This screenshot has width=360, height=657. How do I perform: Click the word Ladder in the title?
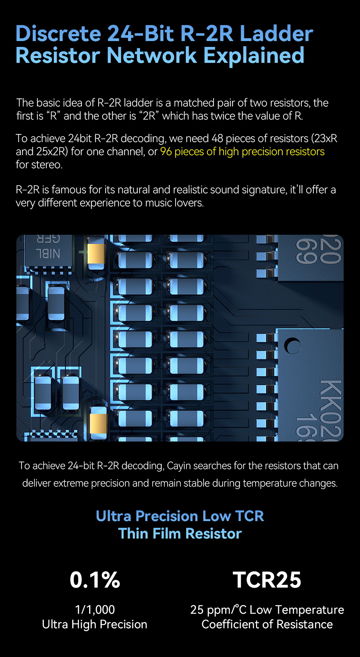click(276, 34)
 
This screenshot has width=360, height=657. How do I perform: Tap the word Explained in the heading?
click(253, 56)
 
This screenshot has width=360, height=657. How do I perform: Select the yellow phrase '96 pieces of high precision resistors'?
click(242, 152)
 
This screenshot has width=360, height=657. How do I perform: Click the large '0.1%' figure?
click(95, 580)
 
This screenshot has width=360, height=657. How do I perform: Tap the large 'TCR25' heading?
click(267, 580)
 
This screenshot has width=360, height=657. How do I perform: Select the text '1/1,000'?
click(95, 609)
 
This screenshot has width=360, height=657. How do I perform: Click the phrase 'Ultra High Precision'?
click(95, 624)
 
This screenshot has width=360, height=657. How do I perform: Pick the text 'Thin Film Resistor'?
click(180, 533)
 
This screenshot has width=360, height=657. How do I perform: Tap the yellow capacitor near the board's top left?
click(96, 253)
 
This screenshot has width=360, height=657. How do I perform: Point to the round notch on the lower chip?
click(292, 346)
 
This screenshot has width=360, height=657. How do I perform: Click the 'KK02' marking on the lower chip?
click(330, 407)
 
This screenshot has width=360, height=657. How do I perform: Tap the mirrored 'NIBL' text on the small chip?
click(48, 253)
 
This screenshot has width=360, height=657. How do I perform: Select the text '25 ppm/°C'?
click(218, 609)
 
